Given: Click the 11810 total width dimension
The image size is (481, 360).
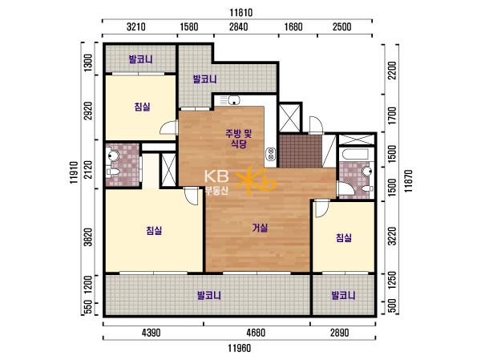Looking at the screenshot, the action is pos(240,13).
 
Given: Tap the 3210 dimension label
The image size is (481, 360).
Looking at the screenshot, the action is pos(136,26).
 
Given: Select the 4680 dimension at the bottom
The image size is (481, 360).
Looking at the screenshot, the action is pos(256,333).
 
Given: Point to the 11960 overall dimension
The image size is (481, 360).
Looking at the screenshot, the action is pos(239,348).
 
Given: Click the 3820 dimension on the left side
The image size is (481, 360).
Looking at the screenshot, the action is pos(88,237).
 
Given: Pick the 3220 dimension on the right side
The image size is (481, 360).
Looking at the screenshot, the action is pos(392,236).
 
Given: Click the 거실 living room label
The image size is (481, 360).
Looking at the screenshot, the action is pos(260,228).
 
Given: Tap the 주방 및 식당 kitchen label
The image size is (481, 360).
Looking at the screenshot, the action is pos(239,139).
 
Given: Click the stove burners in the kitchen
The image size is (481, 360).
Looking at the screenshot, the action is pos(271,154).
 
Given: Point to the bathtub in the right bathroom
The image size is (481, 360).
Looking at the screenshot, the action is pos(355,154).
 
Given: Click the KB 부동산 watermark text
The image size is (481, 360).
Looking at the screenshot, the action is pos(216,182).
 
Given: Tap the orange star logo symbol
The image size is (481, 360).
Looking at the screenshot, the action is pos(256,181).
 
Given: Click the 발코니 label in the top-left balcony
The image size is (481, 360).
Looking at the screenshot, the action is pos(140,59).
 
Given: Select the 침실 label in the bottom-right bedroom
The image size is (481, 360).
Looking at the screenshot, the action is pos(344,237).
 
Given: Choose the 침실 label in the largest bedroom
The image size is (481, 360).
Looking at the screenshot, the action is pos(154,230).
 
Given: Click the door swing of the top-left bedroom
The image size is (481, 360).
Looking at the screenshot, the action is pos(168,127).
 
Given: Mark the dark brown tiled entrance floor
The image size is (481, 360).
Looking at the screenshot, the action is pos(300,151).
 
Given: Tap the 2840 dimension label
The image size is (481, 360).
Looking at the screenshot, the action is pos(238,26).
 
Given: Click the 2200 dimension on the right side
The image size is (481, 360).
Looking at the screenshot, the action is pos(392,71).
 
